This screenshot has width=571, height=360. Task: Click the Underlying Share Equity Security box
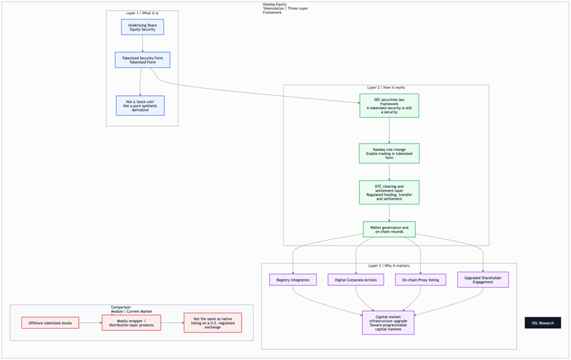point(142,27)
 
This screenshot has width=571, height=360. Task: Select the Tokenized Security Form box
point(142,60)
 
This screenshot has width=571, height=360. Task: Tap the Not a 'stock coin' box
point(140,105)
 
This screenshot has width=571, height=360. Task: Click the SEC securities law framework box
point(389,105)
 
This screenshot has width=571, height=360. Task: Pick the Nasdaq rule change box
point(389,154)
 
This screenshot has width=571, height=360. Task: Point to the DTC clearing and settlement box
point(389,192)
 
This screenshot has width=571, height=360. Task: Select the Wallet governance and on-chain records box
point(389,230)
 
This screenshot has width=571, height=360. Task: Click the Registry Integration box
point(293,280)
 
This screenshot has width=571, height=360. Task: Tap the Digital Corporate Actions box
point(356,280)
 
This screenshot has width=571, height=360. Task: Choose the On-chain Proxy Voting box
point(421,280)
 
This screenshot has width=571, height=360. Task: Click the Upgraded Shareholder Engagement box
point(483,279)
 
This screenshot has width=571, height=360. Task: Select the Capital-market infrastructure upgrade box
point(388,322)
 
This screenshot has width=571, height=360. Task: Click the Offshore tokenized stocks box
point(50,323)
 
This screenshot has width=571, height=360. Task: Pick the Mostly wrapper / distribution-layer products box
point(131,323)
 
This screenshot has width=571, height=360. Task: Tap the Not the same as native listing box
point(212,323)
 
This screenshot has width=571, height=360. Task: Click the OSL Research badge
point(543,323)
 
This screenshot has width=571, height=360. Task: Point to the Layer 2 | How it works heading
point(386,87)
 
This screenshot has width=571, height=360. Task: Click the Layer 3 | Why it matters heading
point(389,266)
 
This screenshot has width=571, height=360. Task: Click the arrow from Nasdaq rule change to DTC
point(389,172)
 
